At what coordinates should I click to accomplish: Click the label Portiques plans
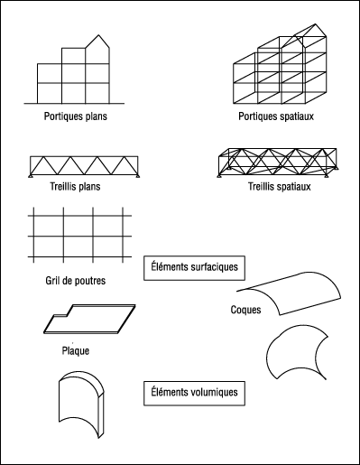(76, 116)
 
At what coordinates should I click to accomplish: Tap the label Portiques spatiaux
(276, 116)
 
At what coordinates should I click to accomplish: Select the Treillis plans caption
(75, 187)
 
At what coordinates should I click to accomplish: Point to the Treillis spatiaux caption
(280, 187)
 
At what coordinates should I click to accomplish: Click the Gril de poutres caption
(76, 281)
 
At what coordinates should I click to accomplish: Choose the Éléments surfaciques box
(194, 268)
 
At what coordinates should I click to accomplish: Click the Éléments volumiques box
(194, 394)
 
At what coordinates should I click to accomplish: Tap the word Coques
(245, 310)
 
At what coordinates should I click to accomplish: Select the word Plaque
(76, 351)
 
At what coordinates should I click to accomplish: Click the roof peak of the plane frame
(98, 35)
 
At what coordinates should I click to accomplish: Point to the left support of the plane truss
(31, 176)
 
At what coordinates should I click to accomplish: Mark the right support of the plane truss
(137, 176)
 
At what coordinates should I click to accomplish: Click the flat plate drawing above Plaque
(89, 319)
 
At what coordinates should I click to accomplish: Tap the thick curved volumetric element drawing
(81, 405)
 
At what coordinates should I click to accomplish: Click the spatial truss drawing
(278, 163)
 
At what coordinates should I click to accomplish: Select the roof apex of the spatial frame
(316, 24)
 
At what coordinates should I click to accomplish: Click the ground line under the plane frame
(74, 104)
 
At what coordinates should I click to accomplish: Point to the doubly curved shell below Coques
(297, 352)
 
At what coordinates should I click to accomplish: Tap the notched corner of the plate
(68, 315)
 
